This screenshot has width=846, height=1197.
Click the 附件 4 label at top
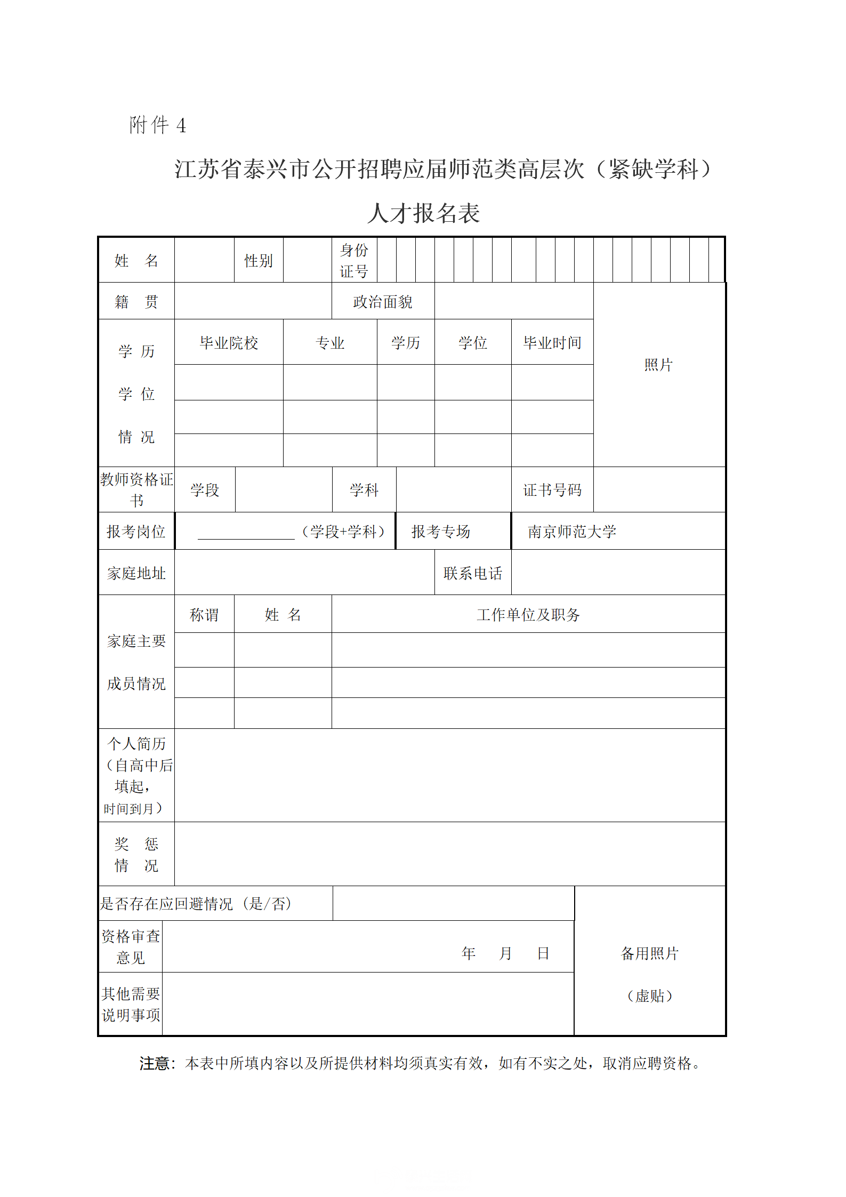157,125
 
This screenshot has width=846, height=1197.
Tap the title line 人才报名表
423,213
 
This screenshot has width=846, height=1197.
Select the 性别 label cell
259,261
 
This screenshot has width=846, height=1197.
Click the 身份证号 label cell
354,261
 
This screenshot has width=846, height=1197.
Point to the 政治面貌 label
383,302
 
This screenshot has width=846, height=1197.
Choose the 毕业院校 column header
229,343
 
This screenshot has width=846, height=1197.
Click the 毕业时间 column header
552,343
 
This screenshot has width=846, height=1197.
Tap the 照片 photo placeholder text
658,365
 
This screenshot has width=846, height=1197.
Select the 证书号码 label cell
552,490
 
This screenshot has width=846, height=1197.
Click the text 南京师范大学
572,532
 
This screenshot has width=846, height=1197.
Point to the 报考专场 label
441,532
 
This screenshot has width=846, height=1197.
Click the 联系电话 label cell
473,573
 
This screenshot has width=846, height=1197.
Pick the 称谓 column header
204,615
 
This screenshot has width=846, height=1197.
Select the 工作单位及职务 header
528,615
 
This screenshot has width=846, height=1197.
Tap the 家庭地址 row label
136,573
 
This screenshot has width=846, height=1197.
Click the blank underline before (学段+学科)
246,533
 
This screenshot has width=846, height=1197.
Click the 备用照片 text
650,953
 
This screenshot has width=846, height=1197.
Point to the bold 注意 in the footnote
155,1064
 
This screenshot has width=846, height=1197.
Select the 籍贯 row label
136,302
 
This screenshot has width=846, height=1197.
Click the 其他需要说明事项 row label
131,1005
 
